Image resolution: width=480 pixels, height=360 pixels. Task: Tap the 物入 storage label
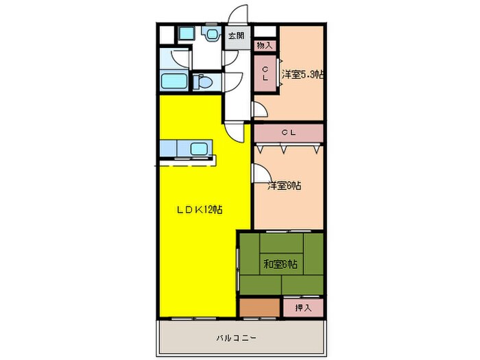point(264,45)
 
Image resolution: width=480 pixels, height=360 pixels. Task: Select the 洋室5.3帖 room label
point(302,74)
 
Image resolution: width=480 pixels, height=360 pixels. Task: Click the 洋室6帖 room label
point(286,185)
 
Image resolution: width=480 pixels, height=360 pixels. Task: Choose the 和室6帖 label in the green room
point(280,264)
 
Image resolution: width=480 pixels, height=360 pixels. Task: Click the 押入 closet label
point(303,308)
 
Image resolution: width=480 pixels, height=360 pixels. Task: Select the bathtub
point(175,82)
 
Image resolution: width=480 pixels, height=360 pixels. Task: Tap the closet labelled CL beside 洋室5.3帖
point(265,71)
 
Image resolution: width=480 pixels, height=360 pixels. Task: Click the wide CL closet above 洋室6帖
point(288,132)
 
